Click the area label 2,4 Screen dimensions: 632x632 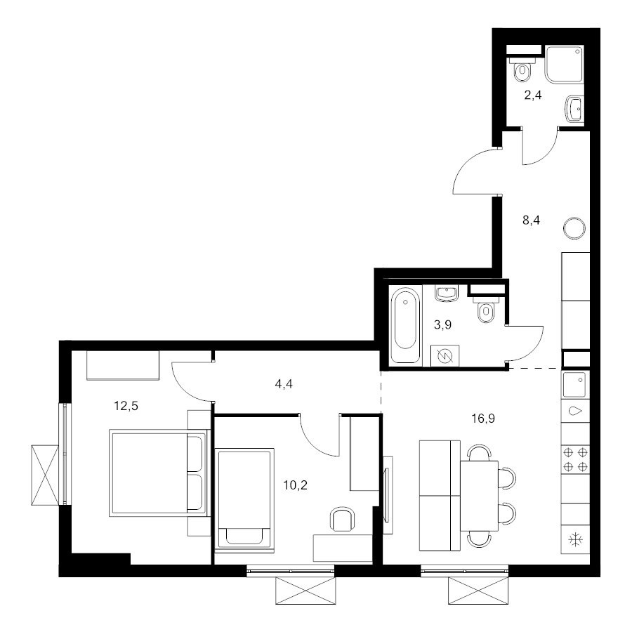[532, 96]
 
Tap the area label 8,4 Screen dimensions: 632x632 [531, 220]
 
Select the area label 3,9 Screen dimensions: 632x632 [442, 325]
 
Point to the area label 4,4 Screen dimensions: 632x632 [284, 385]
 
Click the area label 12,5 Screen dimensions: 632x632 [126, 406]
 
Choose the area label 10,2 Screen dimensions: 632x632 [295, 485]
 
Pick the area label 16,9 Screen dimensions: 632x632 [483, 419]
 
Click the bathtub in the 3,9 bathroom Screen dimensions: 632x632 [405, 324]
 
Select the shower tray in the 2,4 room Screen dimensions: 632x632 [564, 65]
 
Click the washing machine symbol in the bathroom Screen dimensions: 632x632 [445, 355]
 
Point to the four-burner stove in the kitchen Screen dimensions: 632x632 [575, 459]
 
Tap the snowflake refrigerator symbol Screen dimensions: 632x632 [575, 539]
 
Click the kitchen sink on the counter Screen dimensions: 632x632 [575, 385]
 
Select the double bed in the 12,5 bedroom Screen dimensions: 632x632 [159, 473]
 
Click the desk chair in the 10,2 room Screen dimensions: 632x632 [343, 519]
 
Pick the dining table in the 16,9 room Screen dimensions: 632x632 [479, 496]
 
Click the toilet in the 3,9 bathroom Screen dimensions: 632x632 [486, 309]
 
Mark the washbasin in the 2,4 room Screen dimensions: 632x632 [574, 109]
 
